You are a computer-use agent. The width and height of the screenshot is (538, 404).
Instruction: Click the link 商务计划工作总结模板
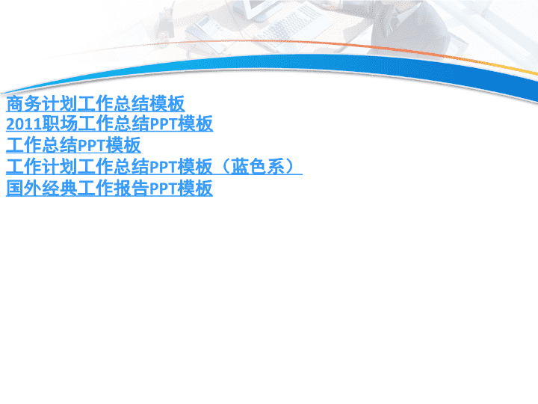96,104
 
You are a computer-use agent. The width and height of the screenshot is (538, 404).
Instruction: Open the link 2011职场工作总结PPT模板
109,123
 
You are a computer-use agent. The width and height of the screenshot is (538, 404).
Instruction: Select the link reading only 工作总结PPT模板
73,145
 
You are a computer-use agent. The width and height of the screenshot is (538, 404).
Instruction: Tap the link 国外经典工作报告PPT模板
109,189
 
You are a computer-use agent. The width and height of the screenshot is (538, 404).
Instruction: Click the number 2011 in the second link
24,124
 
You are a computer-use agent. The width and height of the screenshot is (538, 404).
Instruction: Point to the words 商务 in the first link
24,104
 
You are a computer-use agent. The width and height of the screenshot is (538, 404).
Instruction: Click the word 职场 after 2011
60,123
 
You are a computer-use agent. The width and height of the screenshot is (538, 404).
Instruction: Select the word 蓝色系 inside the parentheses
258,167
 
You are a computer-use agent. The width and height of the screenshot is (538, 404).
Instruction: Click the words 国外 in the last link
24,189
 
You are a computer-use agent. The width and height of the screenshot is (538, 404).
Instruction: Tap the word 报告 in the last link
131,189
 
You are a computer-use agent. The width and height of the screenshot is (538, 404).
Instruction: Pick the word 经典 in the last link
60,189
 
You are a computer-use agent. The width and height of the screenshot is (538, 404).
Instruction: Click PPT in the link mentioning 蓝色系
164,167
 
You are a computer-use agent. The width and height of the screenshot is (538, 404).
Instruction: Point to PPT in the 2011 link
164,124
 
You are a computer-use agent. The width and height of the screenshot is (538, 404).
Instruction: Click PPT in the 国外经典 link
164,189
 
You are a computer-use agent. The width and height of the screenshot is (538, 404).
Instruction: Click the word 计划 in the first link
60,104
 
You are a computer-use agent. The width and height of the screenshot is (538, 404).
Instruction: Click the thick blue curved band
274,63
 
